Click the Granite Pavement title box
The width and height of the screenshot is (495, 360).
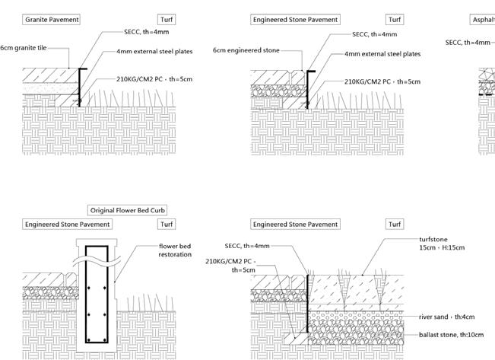pyautogui.click(x=52, y=20)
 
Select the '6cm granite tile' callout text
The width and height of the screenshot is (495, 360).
pyautogui.click(x=24, y=48)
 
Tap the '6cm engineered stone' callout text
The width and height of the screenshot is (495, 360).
pyautogui.click(x=246, y=50)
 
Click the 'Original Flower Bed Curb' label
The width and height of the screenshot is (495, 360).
pyautogui.click(x=128, y=210)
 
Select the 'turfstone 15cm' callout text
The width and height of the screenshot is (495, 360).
pyautogui.click(x=442, y=244)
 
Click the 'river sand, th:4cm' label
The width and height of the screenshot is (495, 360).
pyautogui.click(x=447, y=317)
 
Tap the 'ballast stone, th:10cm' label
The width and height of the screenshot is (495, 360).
pyautogui.click(x=452, y=335)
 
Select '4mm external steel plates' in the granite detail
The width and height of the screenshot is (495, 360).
pyautogui.click(x=154, y=52)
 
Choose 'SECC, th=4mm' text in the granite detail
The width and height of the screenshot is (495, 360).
pyautogui.click(x=147, y=33)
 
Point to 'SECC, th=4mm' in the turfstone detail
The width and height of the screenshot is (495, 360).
pyautogui.click(x=247, y=246)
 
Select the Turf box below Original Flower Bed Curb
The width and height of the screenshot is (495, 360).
pyautogui.click(x=167, y=225)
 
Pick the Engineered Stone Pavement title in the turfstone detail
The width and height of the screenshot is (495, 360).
pyautogui.click(x=296, y=225)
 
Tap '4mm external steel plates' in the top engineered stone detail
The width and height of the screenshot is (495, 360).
pyautogui.click(x=382, y=54)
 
